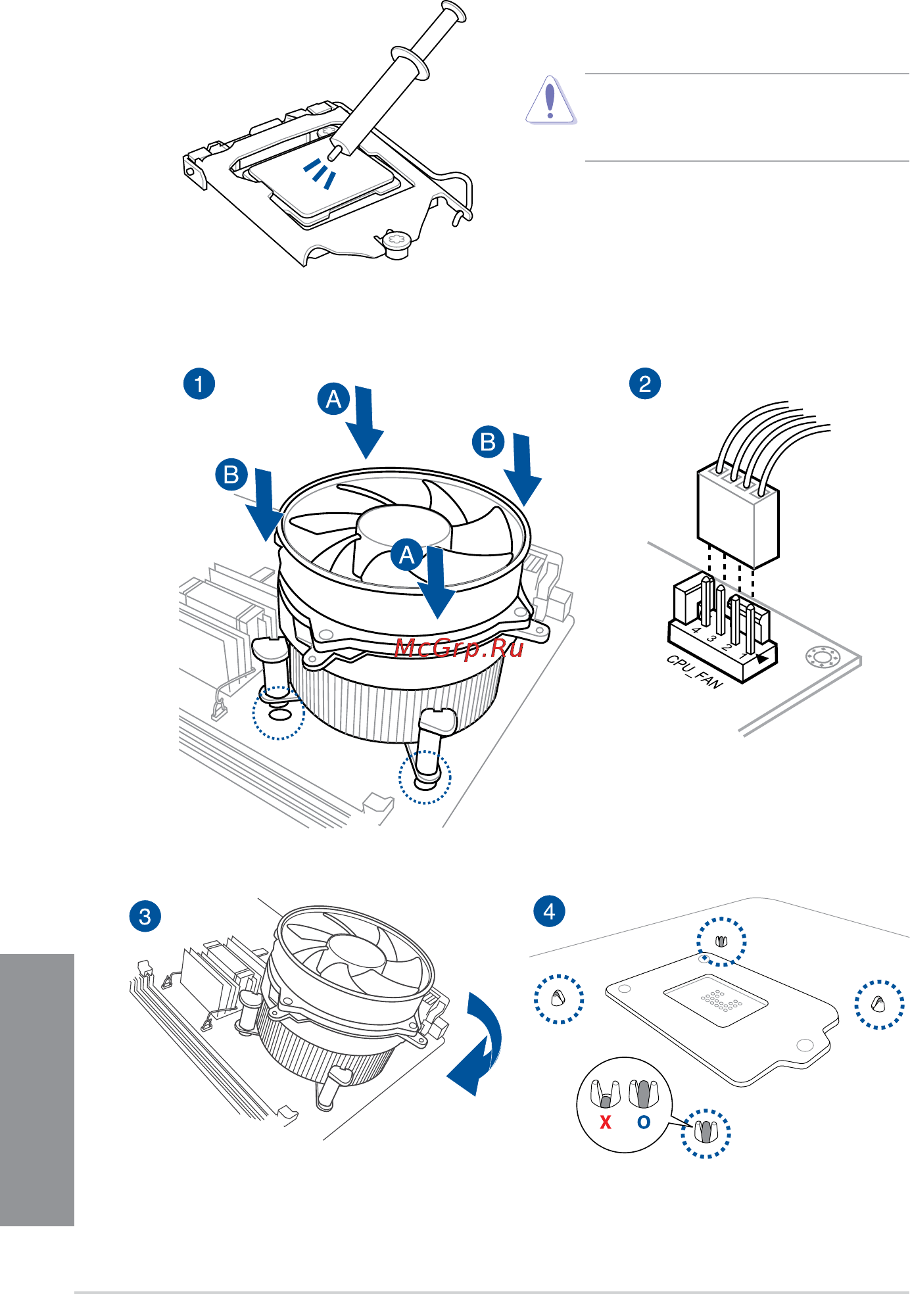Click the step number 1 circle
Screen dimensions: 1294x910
199,383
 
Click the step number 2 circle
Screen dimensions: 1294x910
645,383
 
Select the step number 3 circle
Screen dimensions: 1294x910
145,917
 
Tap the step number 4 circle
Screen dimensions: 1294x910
550,911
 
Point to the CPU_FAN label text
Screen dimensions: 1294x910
694,671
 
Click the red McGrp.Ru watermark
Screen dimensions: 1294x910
459,648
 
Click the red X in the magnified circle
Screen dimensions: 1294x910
606,1122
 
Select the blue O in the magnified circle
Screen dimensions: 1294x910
644,1122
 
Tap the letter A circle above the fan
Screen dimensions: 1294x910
334,399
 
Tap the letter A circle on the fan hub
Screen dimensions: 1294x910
407,555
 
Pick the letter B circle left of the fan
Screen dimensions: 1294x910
231,474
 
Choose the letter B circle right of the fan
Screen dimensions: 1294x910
488,442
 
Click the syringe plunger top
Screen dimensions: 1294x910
454,11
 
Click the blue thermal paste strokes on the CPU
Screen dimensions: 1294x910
320,172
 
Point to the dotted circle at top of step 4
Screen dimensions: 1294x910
721,942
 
